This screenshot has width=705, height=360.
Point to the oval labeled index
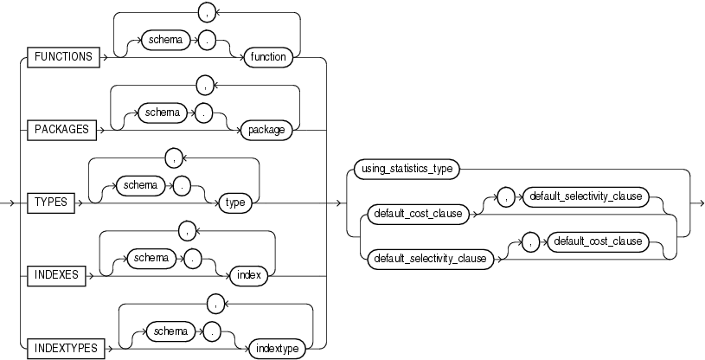[x=247, y=276]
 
